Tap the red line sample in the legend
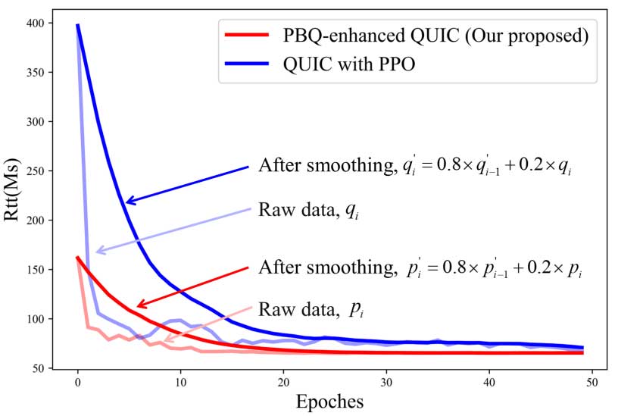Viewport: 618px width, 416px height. click(x=247, y=35)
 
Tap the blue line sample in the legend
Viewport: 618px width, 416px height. click(x=247, y=64)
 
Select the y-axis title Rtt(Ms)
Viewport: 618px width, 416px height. click(x=14, y=195)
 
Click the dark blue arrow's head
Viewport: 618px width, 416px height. click(x=127, y=202)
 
